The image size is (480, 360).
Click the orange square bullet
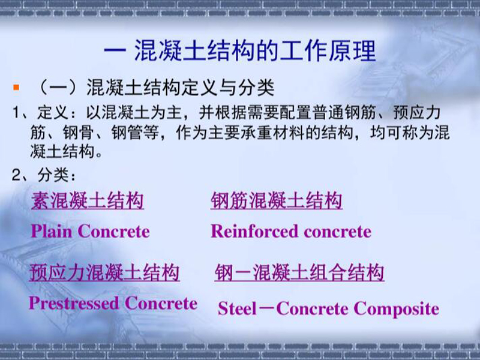tap(16, 88)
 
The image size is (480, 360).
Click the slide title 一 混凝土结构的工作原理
tap(239, 50)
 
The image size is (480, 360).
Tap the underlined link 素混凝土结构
tap(87, 200)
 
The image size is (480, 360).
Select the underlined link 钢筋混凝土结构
tap(277, 200)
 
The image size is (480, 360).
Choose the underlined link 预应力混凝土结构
tap(104, 272)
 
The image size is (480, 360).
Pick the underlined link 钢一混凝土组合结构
tap(299, 272)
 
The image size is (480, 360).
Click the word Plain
tap(52, 231)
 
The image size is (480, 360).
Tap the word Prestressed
tap(74, 303)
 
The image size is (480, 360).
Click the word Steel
tap(237, 308)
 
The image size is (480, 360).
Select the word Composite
tap(397, 308)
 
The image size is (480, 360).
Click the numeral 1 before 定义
tap(16, 113)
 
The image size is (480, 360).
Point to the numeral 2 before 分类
tap(16, 175)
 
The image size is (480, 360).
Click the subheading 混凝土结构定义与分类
tap(181, 88)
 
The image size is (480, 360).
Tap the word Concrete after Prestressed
tap(161, 303)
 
